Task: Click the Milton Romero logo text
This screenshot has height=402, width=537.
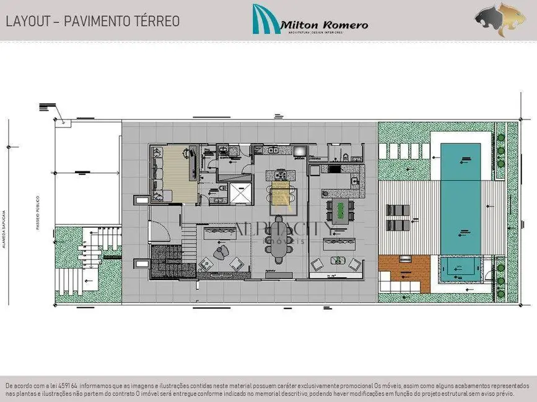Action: [x=324, y=25]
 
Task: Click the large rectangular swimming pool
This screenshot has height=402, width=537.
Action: [x=460, y=198]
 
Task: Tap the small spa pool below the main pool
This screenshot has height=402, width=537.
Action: [x=460, y=268]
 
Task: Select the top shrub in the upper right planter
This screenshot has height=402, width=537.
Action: [x=501, y=137]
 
